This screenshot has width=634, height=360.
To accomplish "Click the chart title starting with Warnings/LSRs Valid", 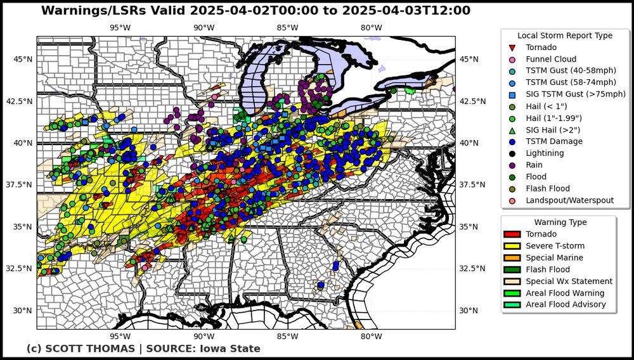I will [x=256, y=11].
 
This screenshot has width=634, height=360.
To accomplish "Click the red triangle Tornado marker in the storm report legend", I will [x=512, y=48].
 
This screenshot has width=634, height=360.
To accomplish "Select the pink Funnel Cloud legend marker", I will [x=512, y=60].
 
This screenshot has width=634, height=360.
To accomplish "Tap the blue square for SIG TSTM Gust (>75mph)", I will [x=512, y=94].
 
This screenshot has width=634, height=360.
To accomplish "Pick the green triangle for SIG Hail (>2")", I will [x=512, y=130].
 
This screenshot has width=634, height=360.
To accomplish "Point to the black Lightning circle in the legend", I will [x=512, y=153].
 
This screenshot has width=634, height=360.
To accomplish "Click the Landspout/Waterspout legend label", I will [x=569, y=200].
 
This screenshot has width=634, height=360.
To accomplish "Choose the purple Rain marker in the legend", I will [x=512, y=165].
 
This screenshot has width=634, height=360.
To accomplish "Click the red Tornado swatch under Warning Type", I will [x=511, y=235].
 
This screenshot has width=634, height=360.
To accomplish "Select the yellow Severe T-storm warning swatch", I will [x=511, y=246].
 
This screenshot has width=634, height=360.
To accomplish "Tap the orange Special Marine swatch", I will [x=511, y=258].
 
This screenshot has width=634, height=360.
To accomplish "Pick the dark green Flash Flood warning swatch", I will [x=511, y=269].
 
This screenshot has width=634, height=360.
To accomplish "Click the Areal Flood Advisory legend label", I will [x=566, y=305].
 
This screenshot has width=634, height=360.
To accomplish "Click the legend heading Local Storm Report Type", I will [x=565, y=35].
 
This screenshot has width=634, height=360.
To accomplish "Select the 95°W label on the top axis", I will [x=120, y=27].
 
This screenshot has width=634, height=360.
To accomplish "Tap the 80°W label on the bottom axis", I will [x=371, y=337].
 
